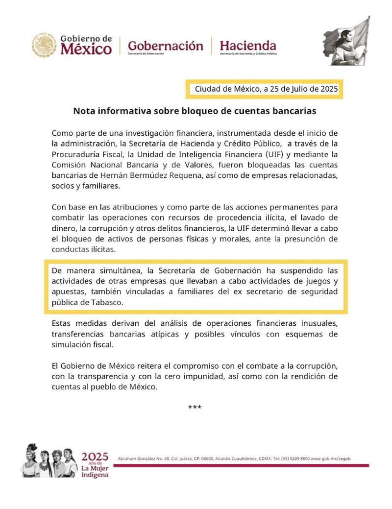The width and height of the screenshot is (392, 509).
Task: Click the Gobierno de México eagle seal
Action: click(45, 45)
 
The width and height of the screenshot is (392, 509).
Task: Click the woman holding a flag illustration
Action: click(346, 41)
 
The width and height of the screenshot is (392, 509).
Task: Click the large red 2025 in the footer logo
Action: click(95, 458)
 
